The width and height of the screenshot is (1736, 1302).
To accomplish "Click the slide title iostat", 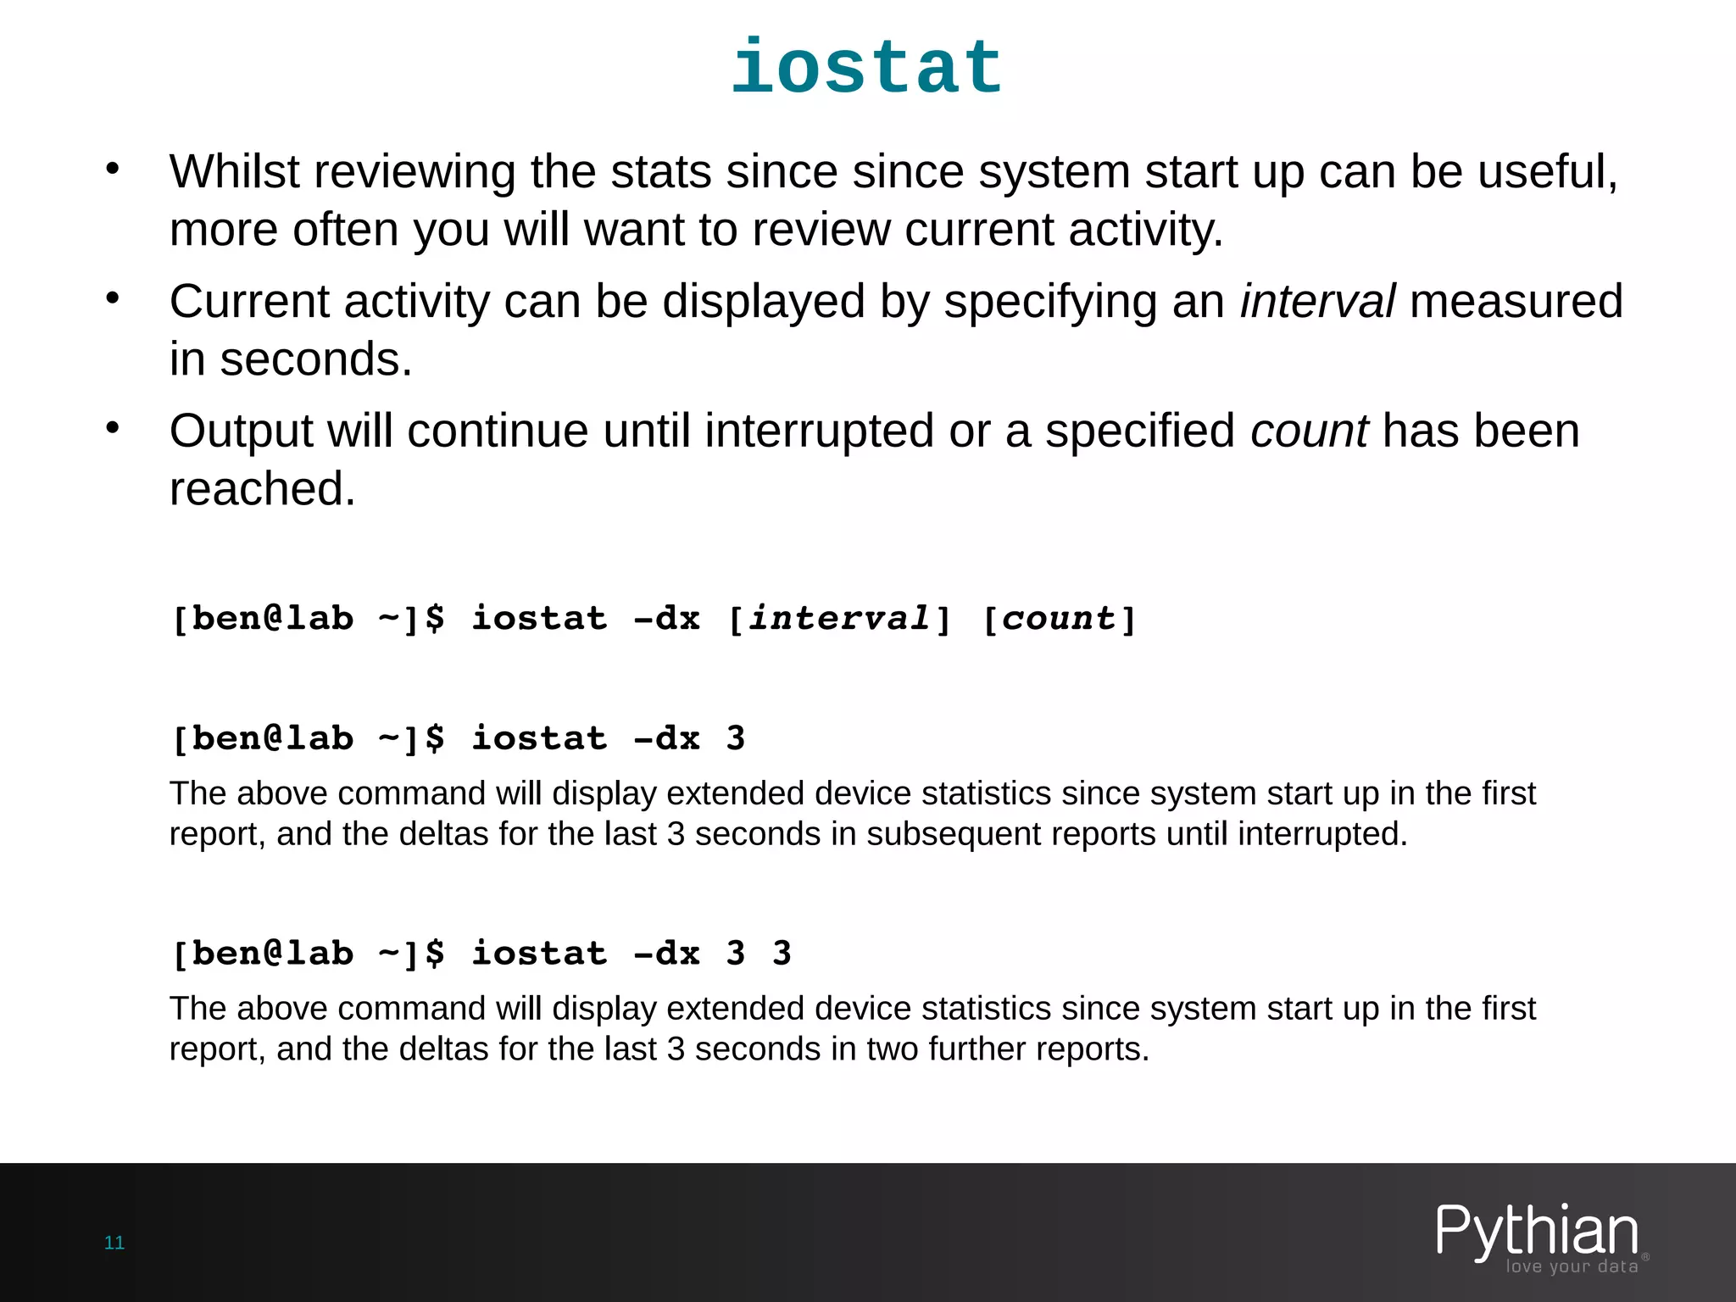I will tap(867, 68).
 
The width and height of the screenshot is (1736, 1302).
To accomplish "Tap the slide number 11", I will tap(114, 1243).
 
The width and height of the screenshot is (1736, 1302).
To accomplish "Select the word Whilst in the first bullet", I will tap(234, 172).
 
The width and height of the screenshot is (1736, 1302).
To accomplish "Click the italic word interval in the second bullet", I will tap(1316, 302).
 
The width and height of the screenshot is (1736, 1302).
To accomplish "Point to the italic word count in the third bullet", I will tap(1309, 431).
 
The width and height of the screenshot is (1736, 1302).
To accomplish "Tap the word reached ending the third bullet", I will tap(262, 489).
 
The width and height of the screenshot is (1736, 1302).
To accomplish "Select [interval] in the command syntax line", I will tap(839, 619).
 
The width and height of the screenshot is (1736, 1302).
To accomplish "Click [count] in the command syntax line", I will tap(1059, 619).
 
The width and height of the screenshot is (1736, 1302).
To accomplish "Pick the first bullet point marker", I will tap(113, 169).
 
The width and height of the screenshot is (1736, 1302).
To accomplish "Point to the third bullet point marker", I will tap(113, 428).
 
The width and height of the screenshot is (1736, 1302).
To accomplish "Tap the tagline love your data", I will tap(1572, 1266).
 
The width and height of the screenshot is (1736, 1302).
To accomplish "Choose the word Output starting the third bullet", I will tap(242, 431).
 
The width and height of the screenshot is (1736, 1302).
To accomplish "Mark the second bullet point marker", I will tap(113, 298).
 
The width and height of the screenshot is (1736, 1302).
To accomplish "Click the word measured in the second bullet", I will tap(1516, 302).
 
